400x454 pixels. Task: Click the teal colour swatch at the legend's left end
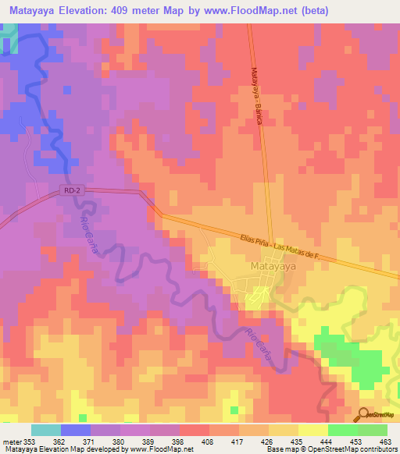coord(45,430)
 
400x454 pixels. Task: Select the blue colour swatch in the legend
coord(75,430)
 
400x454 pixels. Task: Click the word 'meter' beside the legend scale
coord(11,441)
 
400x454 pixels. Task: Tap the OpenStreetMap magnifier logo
coord(364,413)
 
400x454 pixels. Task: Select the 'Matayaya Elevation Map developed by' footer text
coord(66,449)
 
